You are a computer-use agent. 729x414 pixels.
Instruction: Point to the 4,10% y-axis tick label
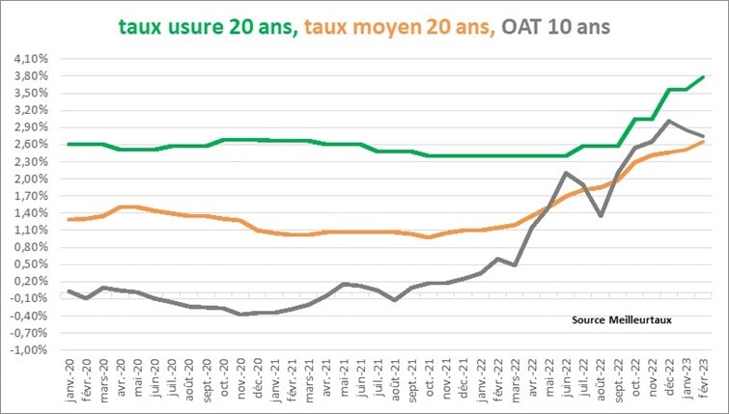coord(32,59)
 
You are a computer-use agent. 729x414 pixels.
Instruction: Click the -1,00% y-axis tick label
coord(30,350)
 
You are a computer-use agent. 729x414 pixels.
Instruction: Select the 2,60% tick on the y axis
coord(32,145)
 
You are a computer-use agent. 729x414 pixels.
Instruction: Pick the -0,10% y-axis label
coord(30,299)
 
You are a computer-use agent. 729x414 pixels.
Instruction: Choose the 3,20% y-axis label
coord(32,110)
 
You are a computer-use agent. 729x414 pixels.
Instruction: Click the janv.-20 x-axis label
coord(69,379)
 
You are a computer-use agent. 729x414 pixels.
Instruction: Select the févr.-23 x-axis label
coord(703,379)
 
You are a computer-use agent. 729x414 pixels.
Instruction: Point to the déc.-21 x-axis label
coord(463,379)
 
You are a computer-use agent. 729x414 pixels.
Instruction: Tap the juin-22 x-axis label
coord(566,379)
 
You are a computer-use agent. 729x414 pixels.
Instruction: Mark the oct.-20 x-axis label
coord(223,379)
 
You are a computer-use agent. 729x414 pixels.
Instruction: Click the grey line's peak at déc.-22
coord(669,121)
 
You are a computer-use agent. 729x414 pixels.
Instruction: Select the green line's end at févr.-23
coord(703,77)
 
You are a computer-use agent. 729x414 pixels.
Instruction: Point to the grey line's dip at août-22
coord(601,215)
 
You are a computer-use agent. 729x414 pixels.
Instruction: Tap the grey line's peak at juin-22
coord(566,173)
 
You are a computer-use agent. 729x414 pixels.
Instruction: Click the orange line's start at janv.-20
coord(69,220)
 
